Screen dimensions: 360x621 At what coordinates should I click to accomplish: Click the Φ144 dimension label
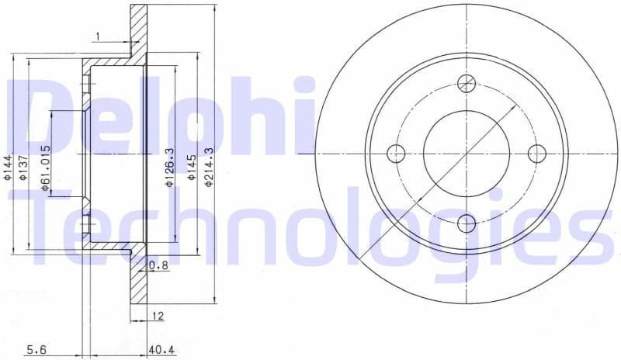[8, 168]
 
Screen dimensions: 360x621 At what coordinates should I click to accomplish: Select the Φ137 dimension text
[23, 168]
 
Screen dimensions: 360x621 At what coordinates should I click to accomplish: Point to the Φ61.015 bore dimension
[46, 168]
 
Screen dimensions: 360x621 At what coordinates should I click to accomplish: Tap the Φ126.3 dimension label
[168, 168]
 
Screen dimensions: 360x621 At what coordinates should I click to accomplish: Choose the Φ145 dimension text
[190, 168]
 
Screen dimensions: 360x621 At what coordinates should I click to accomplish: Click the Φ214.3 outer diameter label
[208, 168]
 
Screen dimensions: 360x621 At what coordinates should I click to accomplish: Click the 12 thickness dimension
[159, 316]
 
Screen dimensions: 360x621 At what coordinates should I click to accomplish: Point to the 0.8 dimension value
[158, 266]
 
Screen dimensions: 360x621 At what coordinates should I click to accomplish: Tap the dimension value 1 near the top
[98, 36]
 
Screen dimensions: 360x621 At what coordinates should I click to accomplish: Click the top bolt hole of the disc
[466, 84]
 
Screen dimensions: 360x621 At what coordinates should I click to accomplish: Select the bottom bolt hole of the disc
[466, 223]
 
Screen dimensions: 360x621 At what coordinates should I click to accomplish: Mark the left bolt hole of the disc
[396, 154]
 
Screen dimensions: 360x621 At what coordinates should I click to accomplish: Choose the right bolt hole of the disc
[536, 154]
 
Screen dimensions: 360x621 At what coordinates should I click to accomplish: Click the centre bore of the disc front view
[466, 154]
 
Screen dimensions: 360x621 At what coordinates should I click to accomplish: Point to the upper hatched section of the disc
[138, 31]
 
